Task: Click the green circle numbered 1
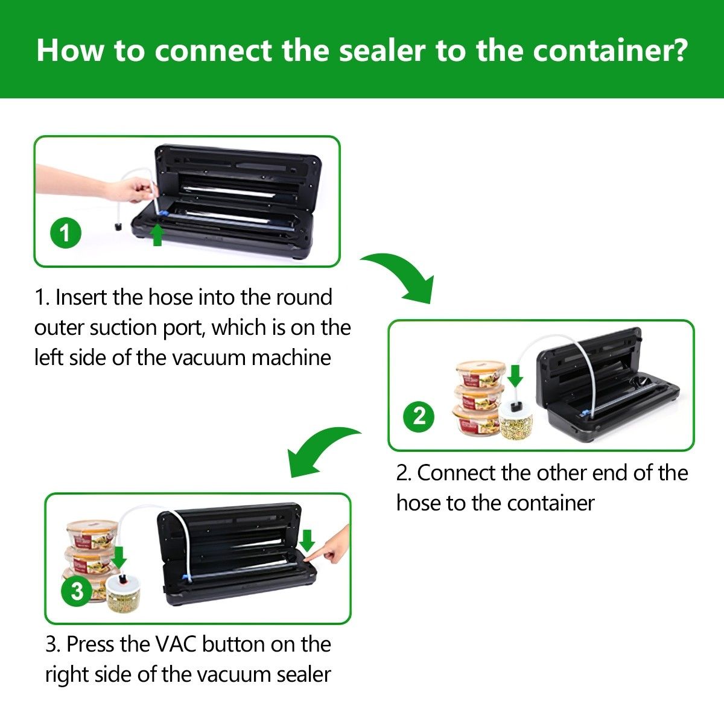click(x=66, y=233)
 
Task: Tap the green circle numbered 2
click(x=419, y=417)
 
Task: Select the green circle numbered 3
click(x=77, y=592)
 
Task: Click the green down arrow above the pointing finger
click(x=308, y=541)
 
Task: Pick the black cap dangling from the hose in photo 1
click(x=118, y=227)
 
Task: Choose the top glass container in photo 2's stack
click(x=480, y=374)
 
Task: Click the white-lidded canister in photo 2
click(x=516, y=420)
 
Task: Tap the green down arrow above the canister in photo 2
click(x=515, y=376)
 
